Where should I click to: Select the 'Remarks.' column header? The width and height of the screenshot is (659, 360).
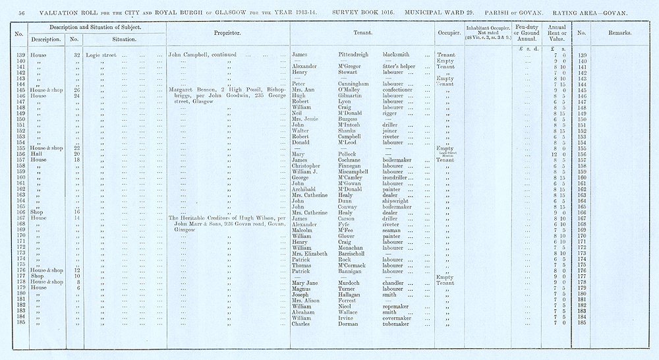pos(618,32)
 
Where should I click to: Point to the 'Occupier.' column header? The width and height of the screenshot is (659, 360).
pos(447,32)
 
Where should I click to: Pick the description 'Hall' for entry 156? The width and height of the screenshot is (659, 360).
pos(44,154)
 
